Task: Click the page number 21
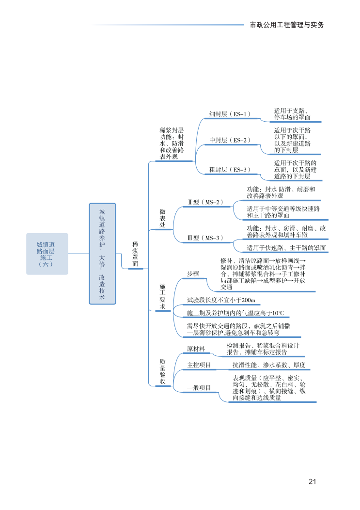[x=312, y=481]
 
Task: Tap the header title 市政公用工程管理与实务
[x=286, y=25]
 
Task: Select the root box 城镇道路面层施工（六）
[x=47, y=254]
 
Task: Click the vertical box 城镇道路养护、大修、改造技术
[x=102, y=254]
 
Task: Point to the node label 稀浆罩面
[x=135, y=254]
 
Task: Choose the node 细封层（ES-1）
[x=230, y=114]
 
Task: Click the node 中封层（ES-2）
[x=230, y=140]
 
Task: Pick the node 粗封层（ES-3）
[x=230, y=170]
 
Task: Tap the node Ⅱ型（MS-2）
[x=205, y=202]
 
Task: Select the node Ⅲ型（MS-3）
[x=205, y=238]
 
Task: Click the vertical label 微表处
[x=163, y=219]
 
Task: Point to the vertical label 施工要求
[x=163, y=296]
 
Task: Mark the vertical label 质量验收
[x=163, y=371]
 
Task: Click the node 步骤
[x=193, y=274]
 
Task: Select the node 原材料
[x=196, y=349]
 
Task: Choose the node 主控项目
[x=199, y=365]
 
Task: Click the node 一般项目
[x=199, y=388]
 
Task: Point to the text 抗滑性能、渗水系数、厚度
[x=269, y=365]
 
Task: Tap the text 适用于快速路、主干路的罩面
[x=286, y=248]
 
